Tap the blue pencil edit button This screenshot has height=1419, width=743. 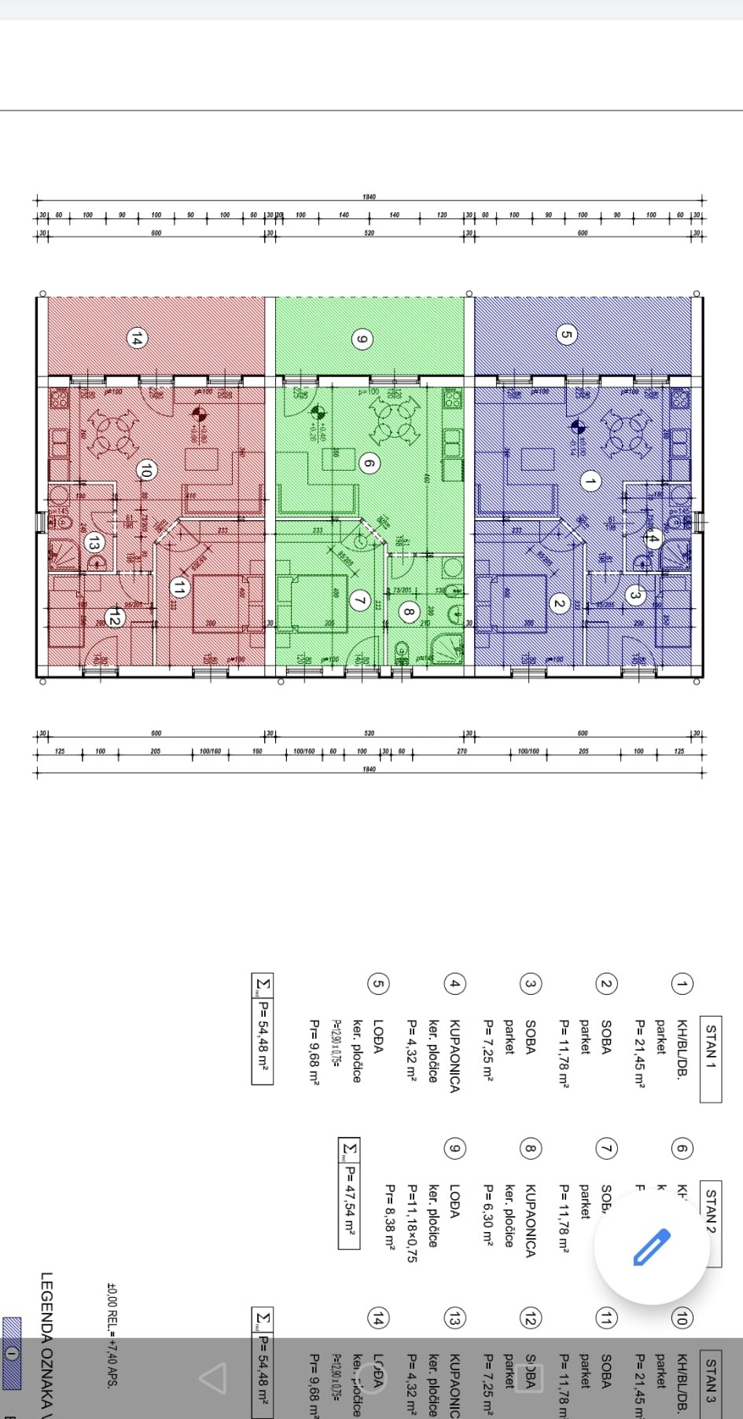click(x=651, y=1247)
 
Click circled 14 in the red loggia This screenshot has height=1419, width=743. click(x=137, y=339)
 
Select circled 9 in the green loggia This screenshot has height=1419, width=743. click(x=362, y=339)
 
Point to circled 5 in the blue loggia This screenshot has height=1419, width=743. click(x=565, y=335)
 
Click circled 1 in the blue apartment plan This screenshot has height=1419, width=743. click(x=590, y=481)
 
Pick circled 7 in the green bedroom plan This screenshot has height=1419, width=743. click(x=360, y=601)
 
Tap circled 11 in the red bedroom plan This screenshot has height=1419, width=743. click(x=179, y=587)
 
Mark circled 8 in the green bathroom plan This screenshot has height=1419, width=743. click(x=408, y=610)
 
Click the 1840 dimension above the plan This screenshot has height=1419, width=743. click(x=369, y=196)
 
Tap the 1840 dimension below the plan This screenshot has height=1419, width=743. click(x=369, y=769)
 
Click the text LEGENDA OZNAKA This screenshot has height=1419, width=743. click(x=46, y=1344)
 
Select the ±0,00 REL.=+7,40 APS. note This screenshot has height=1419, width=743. click(x=111, y=1336)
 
